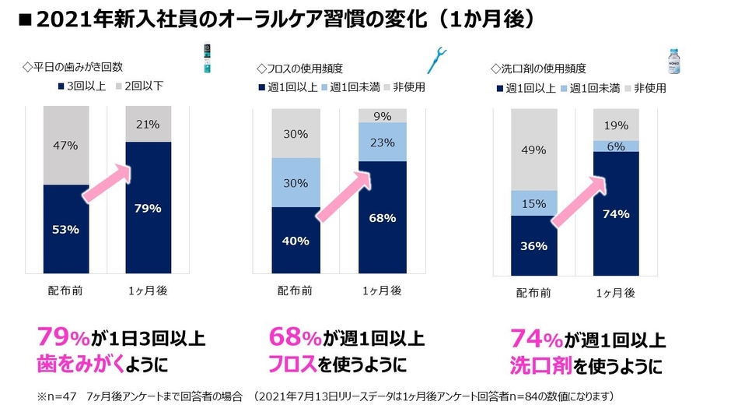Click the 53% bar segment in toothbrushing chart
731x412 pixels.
pyautogui.click(x=65, y=229)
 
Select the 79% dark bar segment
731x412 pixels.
pyautogui.click(x=148, y=208)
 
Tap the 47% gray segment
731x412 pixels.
pyautogui.click(x=65, y=146)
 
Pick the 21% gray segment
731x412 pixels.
pyautogui.click(x=148, y=125)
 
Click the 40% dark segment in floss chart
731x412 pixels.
pyautogui.click(x=295, y=241)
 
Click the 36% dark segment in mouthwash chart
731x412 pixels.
pyautogui.click(x=534, y=245)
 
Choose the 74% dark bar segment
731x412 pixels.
pyautogui.click(x=616, y=213)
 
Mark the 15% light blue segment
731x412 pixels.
pyautogui.click(x=534, y=203)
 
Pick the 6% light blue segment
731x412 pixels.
pyautogui.click(x=616, y=146)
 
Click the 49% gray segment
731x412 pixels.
pyautogui.click(x=534, y=150)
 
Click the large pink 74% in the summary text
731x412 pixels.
pyautogui.click(x=537, y=340)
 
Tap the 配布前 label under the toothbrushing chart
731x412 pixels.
pyautogui.click(x=65, y=291)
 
